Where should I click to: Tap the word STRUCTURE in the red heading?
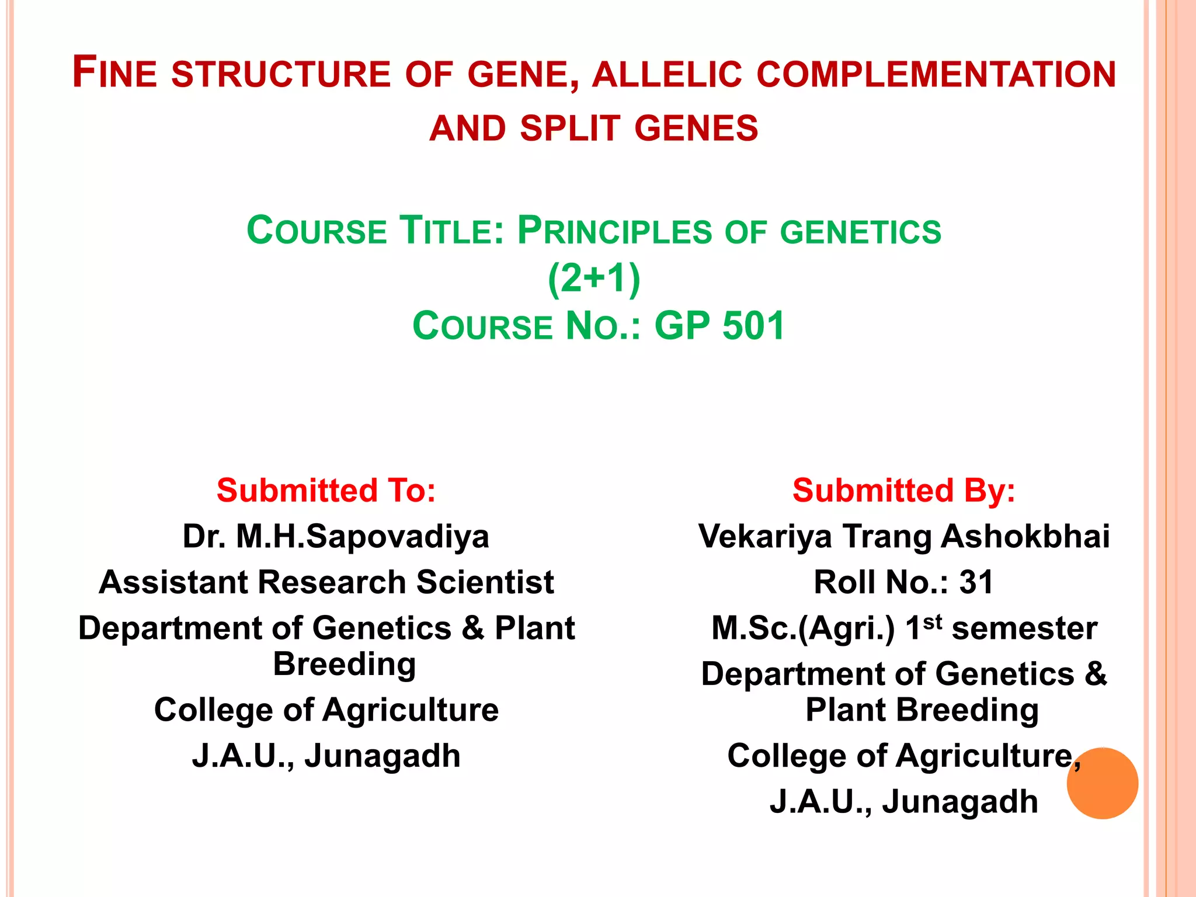coord(281,74)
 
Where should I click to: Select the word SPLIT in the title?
coord(569,128)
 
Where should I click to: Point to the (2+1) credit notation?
coord(594,279)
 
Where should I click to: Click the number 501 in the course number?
coord(753,326)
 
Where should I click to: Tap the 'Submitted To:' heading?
coord(326,490)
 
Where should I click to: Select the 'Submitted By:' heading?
coord(903,490)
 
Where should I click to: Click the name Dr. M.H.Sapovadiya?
coord(335,536)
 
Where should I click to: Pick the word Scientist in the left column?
coord(485,582)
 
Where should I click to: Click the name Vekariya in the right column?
coord(765,536)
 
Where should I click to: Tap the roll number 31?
coord(976,582)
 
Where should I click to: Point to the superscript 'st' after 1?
coord(933,621)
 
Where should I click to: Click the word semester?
coord(1024,629)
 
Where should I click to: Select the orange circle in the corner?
coord(1102,783)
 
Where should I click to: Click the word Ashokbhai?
coord(1025,536)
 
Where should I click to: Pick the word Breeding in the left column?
coord(345,665)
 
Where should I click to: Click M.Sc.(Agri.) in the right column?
coord(803,629)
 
